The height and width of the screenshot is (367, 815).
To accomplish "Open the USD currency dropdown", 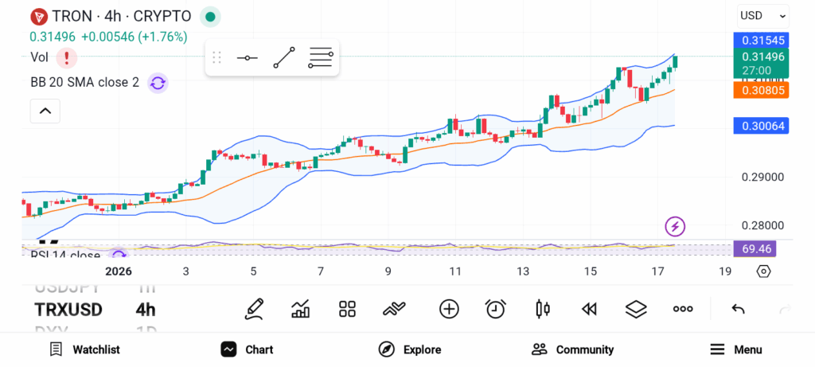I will pyautogui.click(x=762, y=15).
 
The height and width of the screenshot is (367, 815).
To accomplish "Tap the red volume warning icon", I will pyautogui.click(x=67, y=57).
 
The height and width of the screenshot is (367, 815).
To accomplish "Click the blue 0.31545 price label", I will pyautogui.click(x=761, y=40).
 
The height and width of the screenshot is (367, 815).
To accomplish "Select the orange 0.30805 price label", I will pyautogui.click(x=761, y=91).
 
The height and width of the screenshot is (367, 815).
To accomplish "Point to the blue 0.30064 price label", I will pyautogui.click(x=761, y=126).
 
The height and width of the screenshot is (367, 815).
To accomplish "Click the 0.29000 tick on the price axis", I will pyautogui.click(x=763, y=178).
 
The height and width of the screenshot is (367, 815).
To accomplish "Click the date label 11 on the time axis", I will pyautogui.click(x=455, y=271).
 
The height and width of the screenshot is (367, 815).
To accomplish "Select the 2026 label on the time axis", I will pyautogui.click(x=119, y=271).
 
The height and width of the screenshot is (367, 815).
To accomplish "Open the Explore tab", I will pyautogui.click(x=410, y=349).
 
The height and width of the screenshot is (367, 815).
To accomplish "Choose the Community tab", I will pyautogui.click(x=572, y=349).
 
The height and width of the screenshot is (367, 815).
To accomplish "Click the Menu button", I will pyautogui.click(x=736, y=349).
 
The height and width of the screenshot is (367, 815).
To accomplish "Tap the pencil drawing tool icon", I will pyautogui.click(x=254, y=309).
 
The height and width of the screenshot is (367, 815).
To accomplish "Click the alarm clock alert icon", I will pyautogui.click(x=496, y=309).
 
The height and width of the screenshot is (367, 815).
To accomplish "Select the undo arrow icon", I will pyautogui.click(x=738, y=309).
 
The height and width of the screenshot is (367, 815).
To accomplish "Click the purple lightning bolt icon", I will pyautogui.click(x=675, y=227).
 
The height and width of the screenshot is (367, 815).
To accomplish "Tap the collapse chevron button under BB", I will pyautogui.click(x=45, y=111).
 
